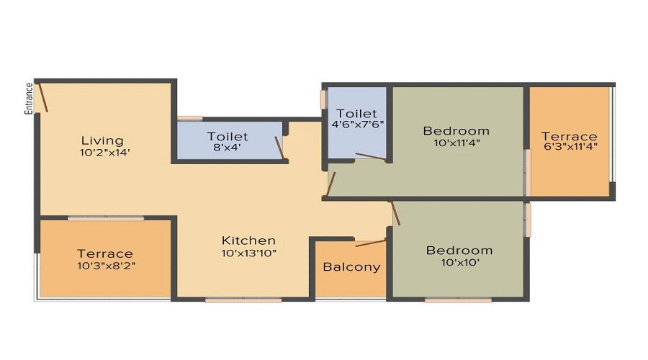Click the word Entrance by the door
(30, 99)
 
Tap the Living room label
(102, 140)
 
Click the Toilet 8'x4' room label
(228, 136)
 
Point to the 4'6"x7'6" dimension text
(357, 124)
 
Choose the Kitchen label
(248, 240)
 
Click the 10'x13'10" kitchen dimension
(248, 253)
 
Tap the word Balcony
(351, 267)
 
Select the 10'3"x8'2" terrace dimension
(105, 265)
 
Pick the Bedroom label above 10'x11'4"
(456, 131)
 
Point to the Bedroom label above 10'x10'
(459, 251)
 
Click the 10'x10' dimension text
(459, 263)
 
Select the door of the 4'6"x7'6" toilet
(372, 156)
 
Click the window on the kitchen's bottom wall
(243, 299)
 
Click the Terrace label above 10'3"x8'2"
(105, 253)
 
